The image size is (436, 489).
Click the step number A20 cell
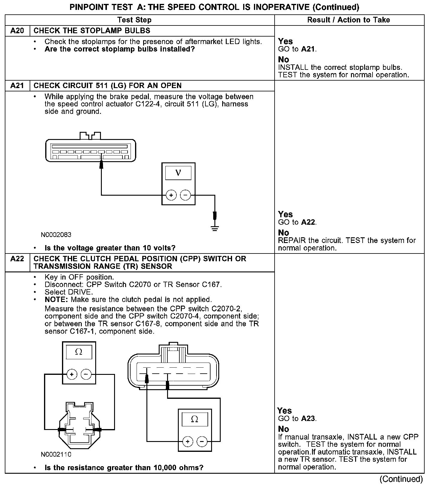[17, 31]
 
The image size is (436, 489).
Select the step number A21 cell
[17, 86]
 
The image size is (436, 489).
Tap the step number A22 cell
[17, 259]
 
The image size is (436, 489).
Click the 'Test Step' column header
[134, 20]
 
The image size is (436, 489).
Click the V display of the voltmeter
[178, 173]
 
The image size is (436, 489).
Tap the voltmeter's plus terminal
[171, 196]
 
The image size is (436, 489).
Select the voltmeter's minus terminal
[185, 196]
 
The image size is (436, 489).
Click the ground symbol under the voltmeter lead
[215, 228]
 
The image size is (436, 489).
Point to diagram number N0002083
[56, 235]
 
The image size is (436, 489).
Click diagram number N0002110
[56, 455]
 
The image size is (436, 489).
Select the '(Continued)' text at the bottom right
[401, 479]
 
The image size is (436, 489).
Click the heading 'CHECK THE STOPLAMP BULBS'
[92, 31]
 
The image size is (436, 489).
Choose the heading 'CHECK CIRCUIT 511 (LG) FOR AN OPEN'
[108, 86]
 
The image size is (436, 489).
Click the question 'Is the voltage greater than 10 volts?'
[110, 248]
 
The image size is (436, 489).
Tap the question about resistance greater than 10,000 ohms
[124, 468]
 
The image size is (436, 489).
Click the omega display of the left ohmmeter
[79, 352]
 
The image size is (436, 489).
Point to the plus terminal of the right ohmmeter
[188, 441]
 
